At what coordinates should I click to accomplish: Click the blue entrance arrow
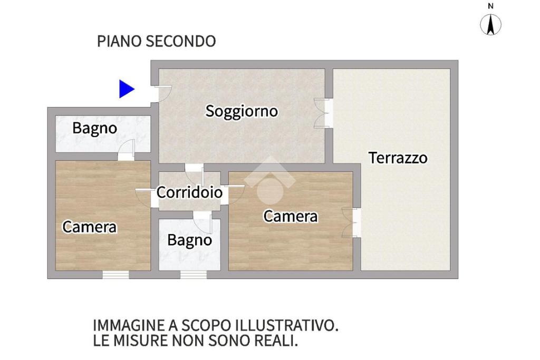(126, 89)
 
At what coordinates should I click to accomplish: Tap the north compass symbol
(491, 25)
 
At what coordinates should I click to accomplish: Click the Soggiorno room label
(242, 112)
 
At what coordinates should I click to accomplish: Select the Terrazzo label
(398, 158)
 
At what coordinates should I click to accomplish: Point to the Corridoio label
(189, 192)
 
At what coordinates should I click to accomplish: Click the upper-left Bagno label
(95, 129)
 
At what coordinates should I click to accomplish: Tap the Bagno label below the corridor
(189, 240)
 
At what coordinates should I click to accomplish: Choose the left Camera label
(90, 227)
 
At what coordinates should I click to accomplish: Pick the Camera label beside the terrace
(291, 217)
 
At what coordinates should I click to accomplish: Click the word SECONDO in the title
(181, 41)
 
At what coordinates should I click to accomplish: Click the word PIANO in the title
(120, 41)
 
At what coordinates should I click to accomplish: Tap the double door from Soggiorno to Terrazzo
(324, 113)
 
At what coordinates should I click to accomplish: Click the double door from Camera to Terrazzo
(352, 222)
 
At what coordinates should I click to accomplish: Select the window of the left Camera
(115, 275)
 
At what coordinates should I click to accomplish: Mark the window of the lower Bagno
(194, 275)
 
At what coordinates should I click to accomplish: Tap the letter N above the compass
(491, 6)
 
